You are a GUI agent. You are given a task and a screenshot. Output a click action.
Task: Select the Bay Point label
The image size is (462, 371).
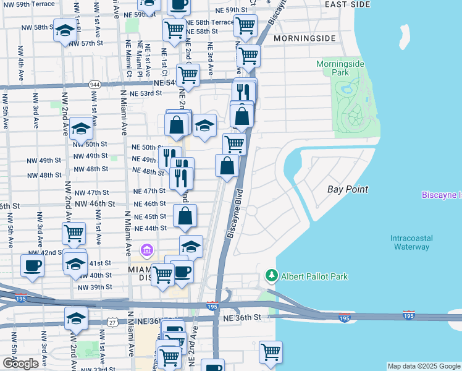click(348, 189)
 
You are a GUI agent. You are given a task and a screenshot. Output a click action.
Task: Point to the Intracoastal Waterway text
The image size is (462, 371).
click(411, 242)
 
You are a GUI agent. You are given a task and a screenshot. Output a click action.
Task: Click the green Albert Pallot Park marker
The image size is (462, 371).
click(271, 275)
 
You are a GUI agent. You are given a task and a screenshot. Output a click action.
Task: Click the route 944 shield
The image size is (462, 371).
click(94, 84)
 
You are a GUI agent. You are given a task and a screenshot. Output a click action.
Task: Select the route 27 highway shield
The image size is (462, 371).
click(112, 322)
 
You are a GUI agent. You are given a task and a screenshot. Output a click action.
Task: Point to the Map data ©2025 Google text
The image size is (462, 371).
click(424, 366)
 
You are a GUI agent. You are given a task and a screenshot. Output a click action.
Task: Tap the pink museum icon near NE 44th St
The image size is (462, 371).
click(146, 250)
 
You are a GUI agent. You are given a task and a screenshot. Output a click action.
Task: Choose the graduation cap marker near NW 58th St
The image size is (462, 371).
click(64, 31)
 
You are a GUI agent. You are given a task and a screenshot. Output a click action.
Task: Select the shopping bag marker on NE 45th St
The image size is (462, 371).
click(185, 216)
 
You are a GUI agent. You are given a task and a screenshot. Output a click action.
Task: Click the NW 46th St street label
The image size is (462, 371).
click(94, 203)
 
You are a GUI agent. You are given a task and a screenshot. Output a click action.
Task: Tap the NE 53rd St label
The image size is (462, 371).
click(146, 93)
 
